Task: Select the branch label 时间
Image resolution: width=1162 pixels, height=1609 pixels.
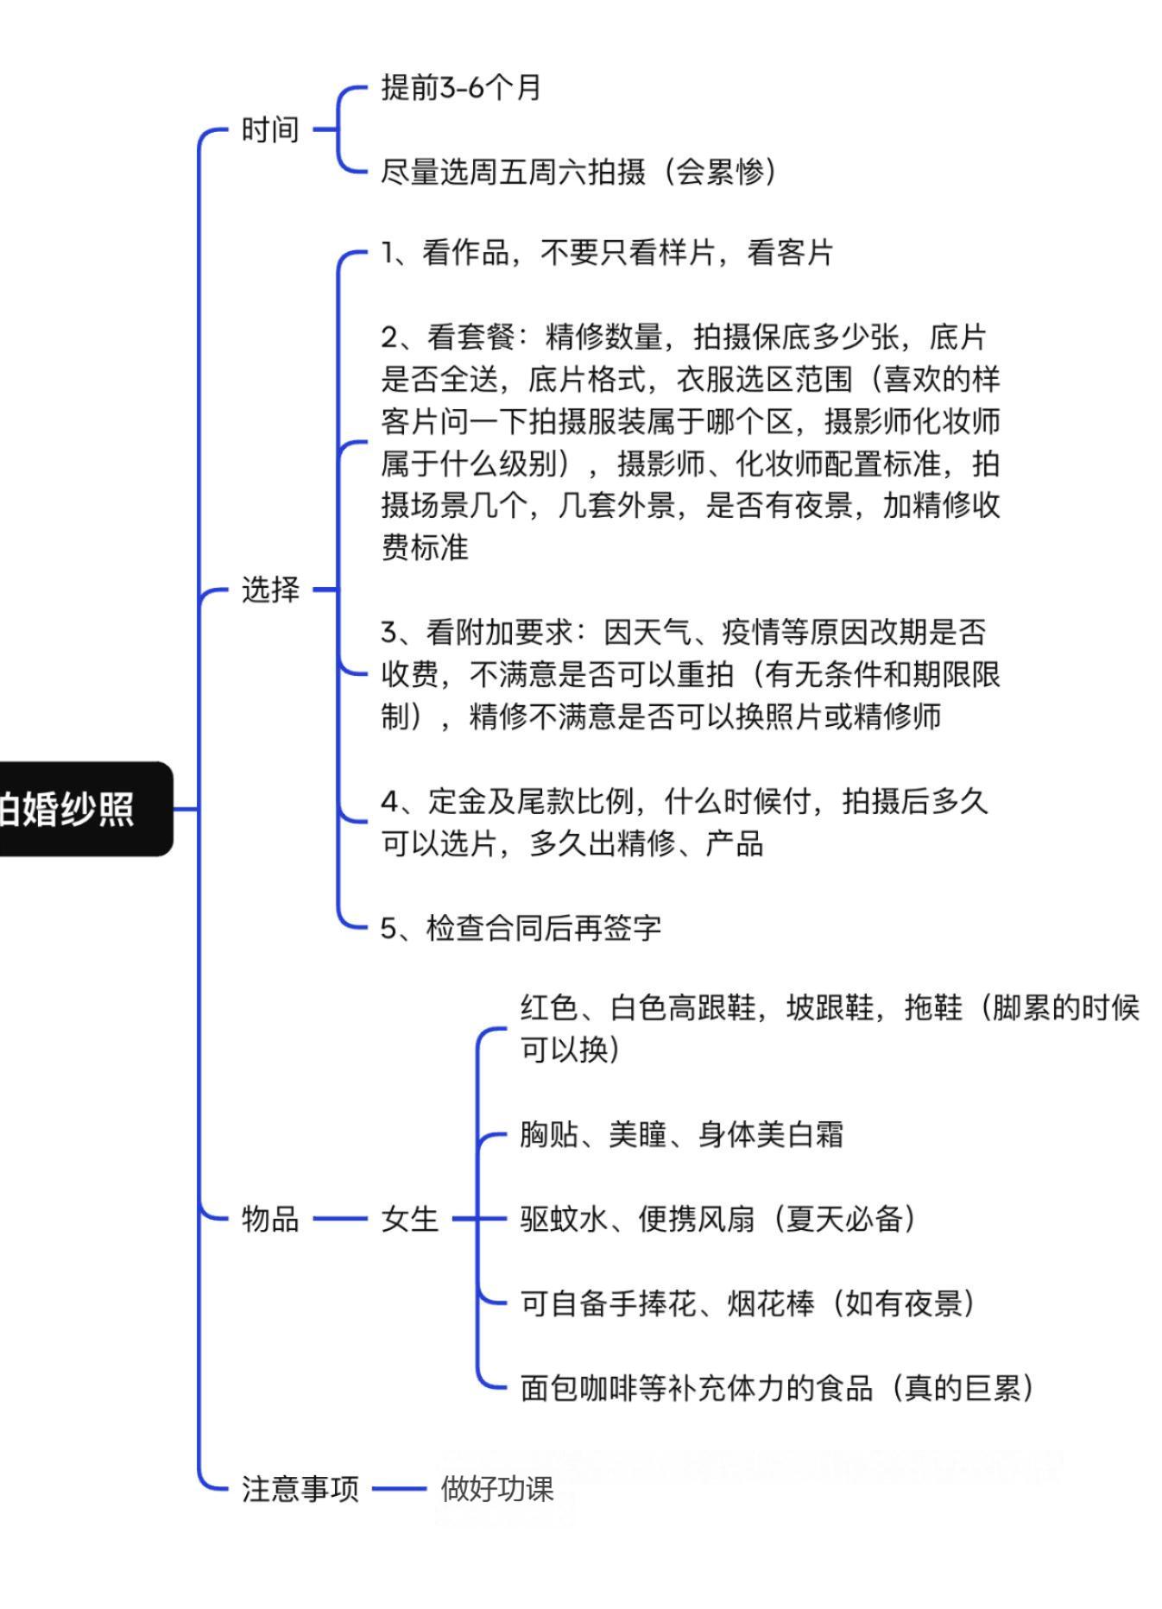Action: click(x=270, y=129)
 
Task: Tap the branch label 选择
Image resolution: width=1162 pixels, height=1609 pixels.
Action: click(x=270, y=590)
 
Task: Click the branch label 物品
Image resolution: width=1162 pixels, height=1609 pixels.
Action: click(x=270, y=1219)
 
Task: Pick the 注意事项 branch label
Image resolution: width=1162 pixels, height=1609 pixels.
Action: click(x=300, y=1489)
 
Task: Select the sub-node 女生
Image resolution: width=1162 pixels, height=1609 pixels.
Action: click(x=409, y=1219)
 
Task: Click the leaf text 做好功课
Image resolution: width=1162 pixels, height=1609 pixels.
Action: click(x=497, y=1489)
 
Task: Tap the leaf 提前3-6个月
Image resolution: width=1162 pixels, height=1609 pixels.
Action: click(x=461, y=87)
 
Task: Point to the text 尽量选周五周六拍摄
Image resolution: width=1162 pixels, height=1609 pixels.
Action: click(x=513, y=172)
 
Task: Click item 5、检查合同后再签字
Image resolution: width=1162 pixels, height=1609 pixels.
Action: click(x=521, y=928)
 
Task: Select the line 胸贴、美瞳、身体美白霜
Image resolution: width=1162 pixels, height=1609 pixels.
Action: click(x=681, y=1134)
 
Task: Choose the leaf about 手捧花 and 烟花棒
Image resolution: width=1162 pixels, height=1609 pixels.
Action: click(x=748, y=1303)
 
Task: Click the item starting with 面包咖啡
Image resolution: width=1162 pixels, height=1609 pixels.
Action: click(x=777, y=1388)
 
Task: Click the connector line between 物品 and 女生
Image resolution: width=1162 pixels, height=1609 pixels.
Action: click(x=340, y=1219)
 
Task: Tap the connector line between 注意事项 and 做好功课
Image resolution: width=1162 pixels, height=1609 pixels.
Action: click(x=399, y=1489)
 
